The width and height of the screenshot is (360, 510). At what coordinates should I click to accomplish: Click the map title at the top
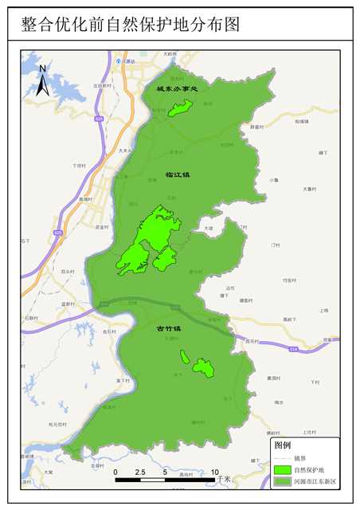click(131, 25)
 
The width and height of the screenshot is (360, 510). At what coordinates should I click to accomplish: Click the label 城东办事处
click(175, 89)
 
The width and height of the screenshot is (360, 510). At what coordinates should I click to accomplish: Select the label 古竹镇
click(168, 328)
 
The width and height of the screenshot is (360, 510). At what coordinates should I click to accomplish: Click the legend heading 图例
click(282, 445)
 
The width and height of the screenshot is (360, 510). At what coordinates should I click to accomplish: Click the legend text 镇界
click(300, 458)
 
